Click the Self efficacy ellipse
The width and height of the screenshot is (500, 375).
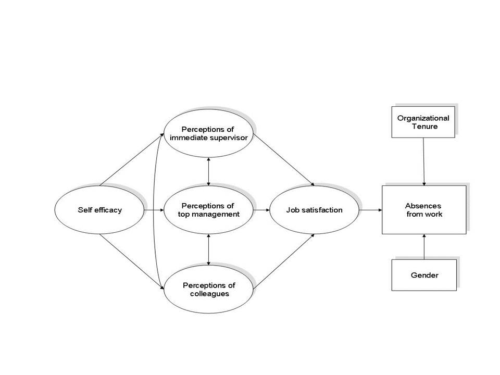tap(99, 210)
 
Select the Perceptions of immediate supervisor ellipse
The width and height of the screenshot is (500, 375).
tap(208, 133)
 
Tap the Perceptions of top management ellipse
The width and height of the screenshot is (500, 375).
tap(208, 210)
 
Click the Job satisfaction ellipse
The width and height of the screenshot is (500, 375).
tap(314, 210)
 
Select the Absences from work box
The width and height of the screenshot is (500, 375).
tap(423, 210)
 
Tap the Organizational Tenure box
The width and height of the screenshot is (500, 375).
tap(423, 122)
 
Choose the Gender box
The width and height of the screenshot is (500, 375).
tap(424, 274)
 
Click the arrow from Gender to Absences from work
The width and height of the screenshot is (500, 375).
tap(424, 247)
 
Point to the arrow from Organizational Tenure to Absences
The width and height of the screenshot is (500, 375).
tap(424, 161)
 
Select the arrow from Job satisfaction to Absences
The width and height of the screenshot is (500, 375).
tap(370, 210)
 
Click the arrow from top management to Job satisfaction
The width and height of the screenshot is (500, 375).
tap(260, 210)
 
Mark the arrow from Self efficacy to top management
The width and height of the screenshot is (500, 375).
tap(154, 210)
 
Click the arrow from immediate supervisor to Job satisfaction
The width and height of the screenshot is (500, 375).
tap(284, 159)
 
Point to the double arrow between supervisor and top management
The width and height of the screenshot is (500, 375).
tap(208, 171)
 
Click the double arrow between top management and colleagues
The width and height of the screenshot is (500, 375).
tap(208, 249)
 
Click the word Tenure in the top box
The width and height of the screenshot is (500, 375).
tap(423, 126)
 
